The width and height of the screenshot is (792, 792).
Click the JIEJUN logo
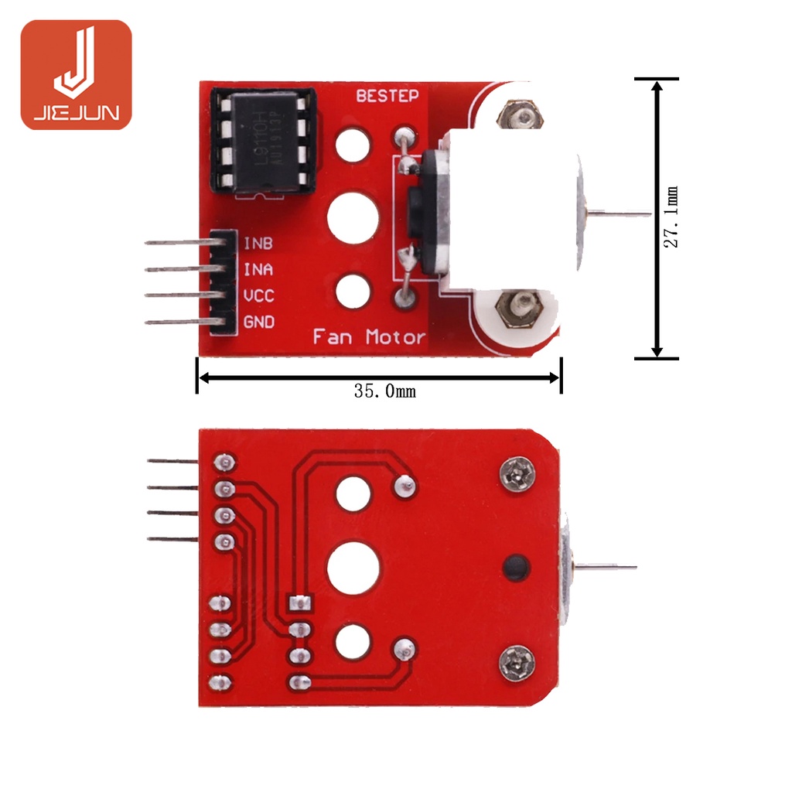(76, 75)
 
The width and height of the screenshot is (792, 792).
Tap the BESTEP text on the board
(387, 96)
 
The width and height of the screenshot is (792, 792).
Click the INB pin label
(258, 243)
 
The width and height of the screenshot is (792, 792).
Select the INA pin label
(258, 270)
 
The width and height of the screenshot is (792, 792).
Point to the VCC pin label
(258, 295)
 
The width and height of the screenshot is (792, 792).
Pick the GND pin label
(258, 322)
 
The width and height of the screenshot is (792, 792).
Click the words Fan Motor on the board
(369, 337)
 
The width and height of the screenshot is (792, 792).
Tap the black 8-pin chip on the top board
(263, 142)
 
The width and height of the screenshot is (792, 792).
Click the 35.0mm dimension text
(384, 391)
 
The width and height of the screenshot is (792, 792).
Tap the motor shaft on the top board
(619, 214)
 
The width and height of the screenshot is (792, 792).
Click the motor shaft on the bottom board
(607, 567)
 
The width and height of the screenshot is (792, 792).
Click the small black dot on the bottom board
(514, 568)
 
